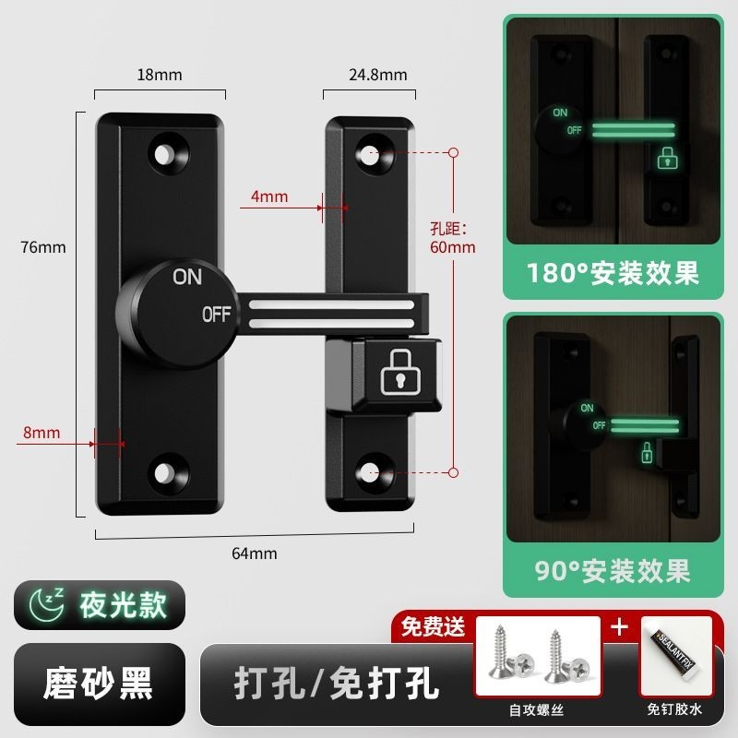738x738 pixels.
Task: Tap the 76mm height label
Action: [45, 246]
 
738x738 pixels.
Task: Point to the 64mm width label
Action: [255, 553]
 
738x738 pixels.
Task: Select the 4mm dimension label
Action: [269, 196]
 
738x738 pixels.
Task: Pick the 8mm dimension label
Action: [42, 433]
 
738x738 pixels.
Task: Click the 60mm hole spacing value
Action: [453, 246]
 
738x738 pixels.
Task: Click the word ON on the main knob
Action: [187, 275]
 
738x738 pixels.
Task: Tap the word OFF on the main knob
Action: [217, 315]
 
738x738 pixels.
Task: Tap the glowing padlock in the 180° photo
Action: [665, 158]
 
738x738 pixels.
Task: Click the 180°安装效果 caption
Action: [612, 273]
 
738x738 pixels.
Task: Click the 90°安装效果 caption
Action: [613, 570]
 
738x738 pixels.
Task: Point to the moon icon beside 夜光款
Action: [45, 605]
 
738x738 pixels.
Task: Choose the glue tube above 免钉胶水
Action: [675, 651]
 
